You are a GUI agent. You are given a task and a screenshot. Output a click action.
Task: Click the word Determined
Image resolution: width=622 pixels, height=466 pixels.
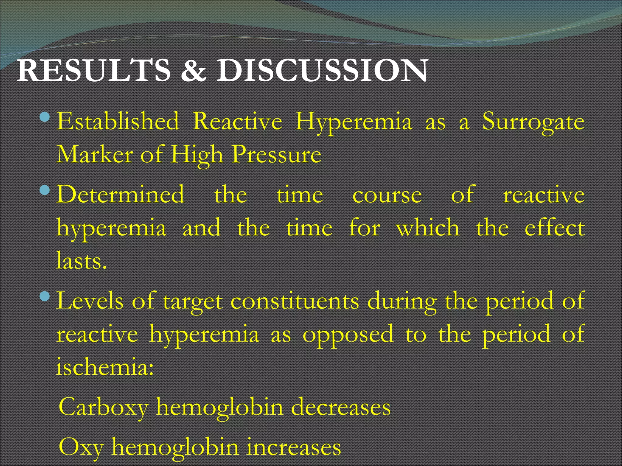tap(120, 194)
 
